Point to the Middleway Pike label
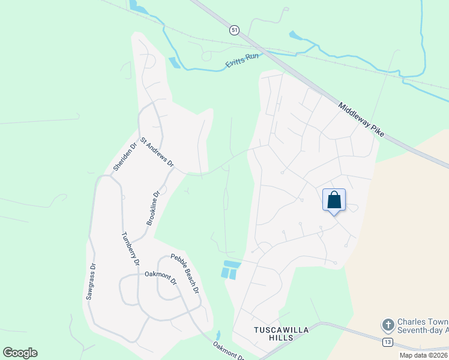tap(361, 119)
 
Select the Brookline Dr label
tap(153, 208)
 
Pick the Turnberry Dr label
tap(130, 248)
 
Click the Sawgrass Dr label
tap(91, 281)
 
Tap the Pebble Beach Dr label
tap(185, 274)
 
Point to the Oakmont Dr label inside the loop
tap(161, 279)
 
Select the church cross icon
tap(388, 325)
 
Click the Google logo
tap(20, 353)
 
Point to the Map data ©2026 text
tap(424, 355)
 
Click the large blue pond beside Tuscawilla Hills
tap(230, 270)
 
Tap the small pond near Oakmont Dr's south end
tap(218, 335)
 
